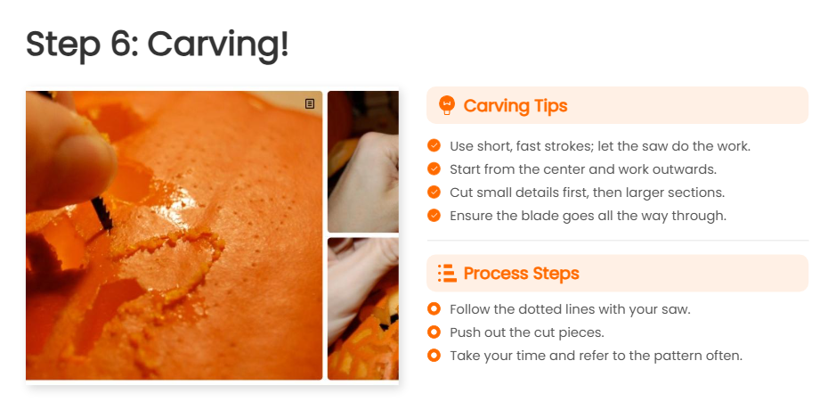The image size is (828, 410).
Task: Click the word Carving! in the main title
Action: point(217,45)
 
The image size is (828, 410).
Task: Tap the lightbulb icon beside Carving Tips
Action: point(447,106)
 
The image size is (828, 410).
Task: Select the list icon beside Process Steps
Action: point(447,273)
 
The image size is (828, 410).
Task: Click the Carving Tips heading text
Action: point(515,106)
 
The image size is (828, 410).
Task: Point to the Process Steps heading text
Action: point(521,273)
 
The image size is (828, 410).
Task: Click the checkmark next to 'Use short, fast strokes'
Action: point(434,146)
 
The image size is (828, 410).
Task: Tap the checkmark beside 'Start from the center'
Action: point(434,169)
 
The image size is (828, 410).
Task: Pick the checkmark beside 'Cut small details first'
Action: point(434,193)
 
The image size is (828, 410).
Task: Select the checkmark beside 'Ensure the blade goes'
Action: point(434,216)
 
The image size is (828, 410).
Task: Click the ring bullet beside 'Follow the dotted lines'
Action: point(434,309)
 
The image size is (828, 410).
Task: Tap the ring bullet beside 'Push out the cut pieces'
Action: point(434,332)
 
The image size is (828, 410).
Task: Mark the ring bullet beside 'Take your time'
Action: point(434,356)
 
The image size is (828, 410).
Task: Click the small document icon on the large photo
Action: point(310,103)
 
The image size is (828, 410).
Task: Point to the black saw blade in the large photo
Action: point(102,213)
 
